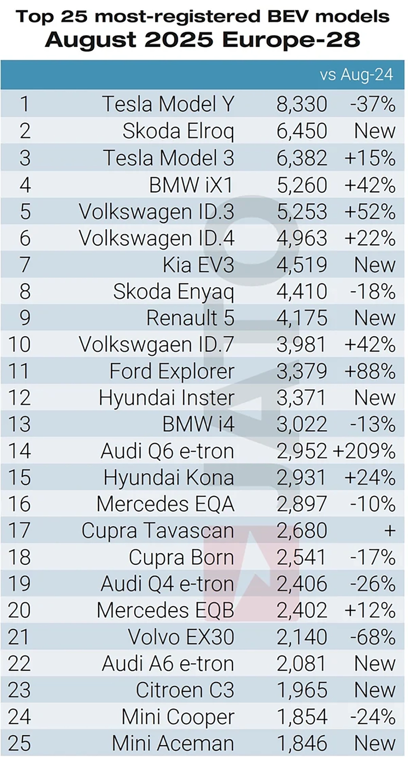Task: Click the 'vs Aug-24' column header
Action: pyautogui.click(x=356, y=75)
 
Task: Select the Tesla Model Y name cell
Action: pyautogui.click(x=168, y=104)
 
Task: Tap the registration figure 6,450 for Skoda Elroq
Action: pyautogui.click(x=302, y=131)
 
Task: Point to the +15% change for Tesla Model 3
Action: pyautogui.click(x=370, y=158)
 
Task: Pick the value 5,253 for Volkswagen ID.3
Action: pyautogui.click(x=302, y=211)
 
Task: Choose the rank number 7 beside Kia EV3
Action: pyautogui.click(x=25, y=265)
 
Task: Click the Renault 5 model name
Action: pyautogui.click(x=190, y=318)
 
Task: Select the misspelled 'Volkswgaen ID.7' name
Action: pyautogui.click(x=157, y=344)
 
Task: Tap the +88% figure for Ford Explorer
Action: pyautogui.click(x=370, y=371)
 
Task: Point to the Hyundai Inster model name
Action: pyautogui.click(x=166, y=398)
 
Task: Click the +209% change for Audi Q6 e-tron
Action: pyautogui.click(x=364, y=451)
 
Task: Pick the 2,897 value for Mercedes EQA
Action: pyautogui.click(x=302, y=504)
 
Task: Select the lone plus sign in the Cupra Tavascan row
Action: pyautogui.click(x=390, y=530)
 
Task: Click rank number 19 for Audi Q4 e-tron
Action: pyautogui.click(x=20, y=584)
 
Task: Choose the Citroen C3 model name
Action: pyautogui.click(x=185, y=690)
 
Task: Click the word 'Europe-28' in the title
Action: pyautogui.click(x=291, y=40)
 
